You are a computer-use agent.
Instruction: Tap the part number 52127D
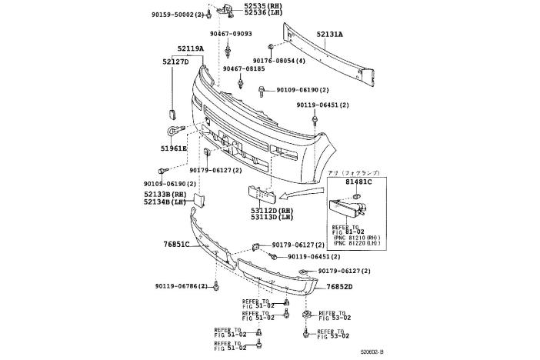(175, 61)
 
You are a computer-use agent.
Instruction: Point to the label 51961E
(175, 147)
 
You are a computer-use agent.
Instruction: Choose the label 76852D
(338, 287)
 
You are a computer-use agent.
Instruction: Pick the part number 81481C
(358, 182)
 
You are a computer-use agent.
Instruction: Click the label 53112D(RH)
(272, 208)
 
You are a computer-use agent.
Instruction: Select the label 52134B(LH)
(165, 202)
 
